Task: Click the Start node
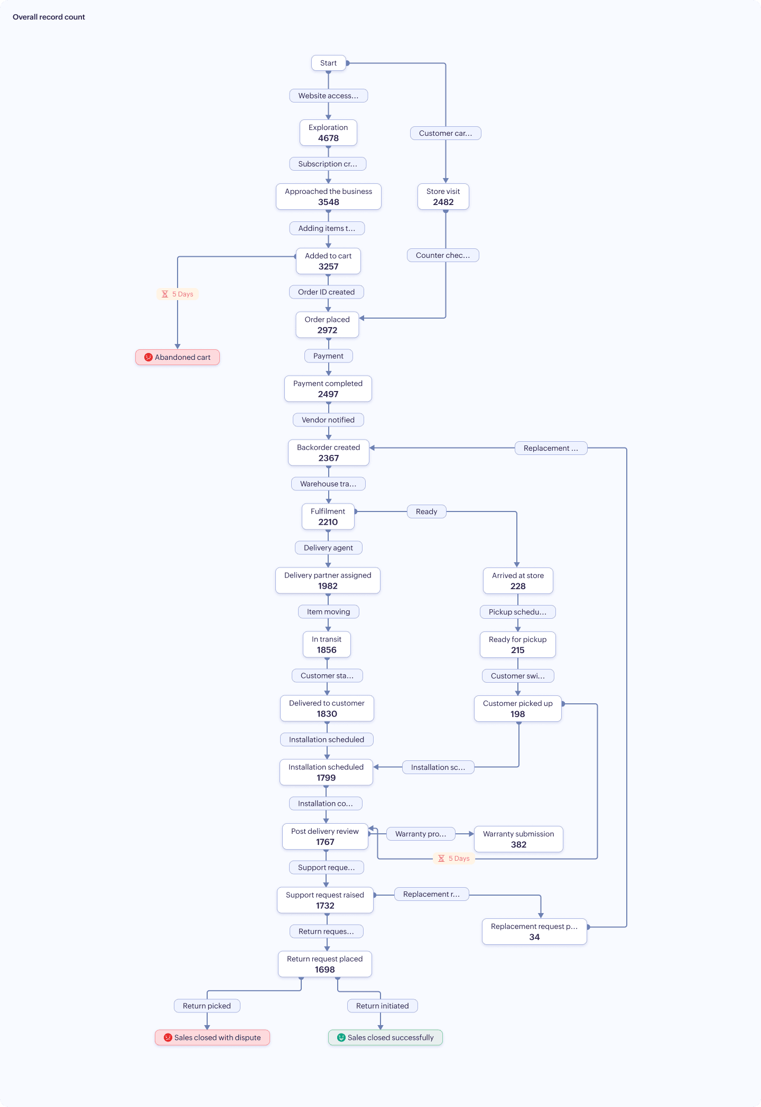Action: tap(328, 63)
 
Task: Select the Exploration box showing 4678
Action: tap(328, 133)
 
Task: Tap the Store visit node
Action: tap(443, 197)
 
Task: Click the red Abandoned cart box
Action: tap(178, 357)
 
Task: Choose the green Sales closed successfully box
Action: tap(385, 1037)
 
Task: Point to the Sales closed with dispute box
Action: tap(212, 1037)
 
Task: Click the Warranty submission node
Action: tap(518, 839)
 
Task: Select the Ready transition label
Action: tap(426, 511)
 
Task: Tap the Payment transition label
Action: tap(328, 356)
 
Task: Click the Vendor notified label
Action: tap(328, 420)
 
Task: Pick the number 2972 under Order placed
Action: tap(327, 330)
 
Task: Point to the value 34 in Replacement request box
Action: tap(534, 937)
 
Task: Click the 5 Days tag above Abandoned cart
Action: tap(178, 294)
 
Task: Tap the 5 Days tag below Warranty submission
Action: tap(454, 859)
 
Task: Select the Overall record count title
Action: tap(49, 17)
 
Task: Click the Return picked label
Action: tap(207, 1006)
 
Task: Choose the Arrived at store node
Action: tap(518, 581)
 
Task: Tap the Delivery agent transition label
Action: tap(328, 548)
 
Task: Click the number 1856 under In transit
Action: tap(327, 650)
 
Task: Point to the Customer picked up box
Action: tap(517, 709)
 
